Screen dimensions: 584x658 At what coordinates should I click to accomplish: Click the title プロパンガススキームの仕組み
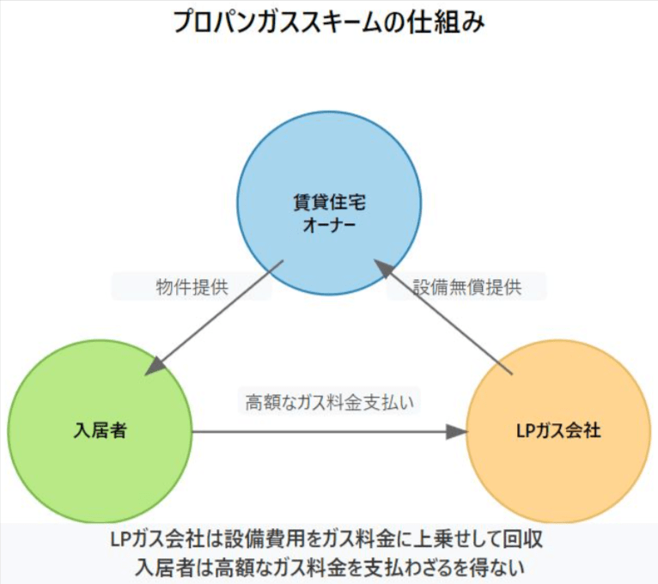point(329,21)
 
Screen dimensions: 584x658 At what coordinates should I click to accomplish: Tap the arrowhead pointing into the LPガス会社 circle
point(455,432)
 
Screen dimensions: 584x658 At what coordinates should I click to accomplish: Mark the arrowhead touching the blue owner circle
point(384,272)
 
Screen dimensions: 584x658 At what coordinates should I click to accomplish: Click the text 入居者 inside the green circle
point(100,432)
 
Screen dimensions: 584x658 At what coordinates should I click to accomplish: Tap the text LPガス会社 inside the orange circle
point(558,432)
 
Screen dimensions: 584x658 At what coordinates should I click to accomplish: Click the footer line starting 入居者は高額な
point(329,567)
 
